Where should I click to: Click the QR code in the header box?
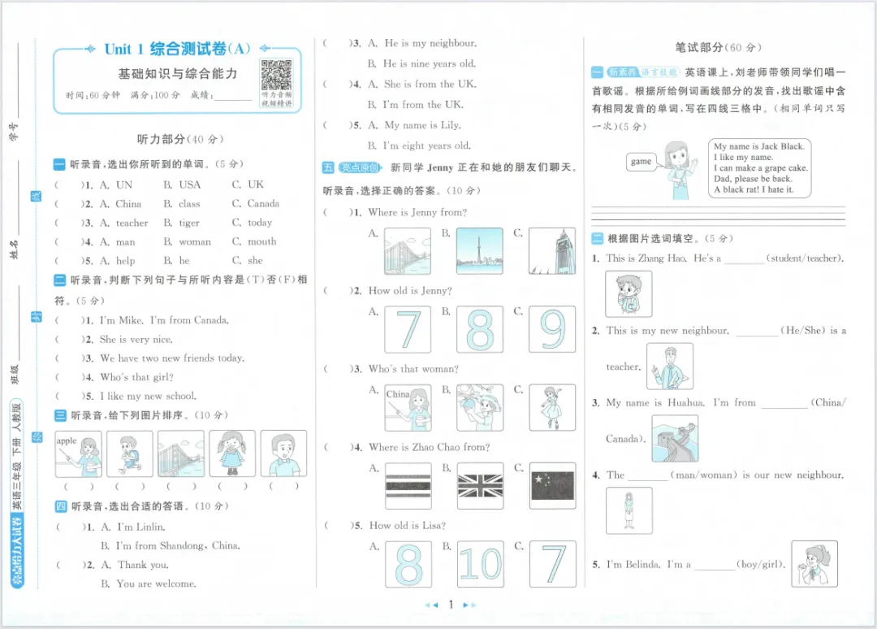pos(276,76)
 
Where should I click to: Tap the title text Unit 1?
pos(125,50)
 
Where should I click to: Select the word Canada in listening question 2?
pos(263,204)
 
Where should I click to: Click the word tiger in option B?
pos(189,223)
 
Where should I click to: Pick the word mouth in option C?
pos(261,242)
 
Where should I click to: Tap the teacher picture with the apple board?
pos(79,453)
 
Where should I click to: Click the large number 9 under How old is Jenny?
pos(552,329)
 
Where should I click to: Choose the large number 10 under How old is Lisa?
pos(480,563)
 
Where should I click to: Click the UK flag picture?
pos(480,486)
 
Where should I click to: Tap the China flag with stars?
pos(552,486)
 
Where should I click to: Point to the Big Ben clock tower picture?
pos(552,250)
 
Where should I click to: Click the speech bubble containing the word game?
pos(641,162)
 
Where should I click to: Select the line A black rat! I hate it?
pos(754,190)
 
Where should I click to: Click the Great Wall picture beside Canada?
pos(674,438)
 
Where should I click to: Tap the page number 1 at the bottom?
pos(450,605)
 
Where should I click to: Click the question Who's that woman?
pos(413,369)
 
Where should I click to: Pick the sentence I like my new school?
pos(148,397)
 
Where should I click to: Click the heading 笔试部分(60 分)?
pos(718,48)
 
